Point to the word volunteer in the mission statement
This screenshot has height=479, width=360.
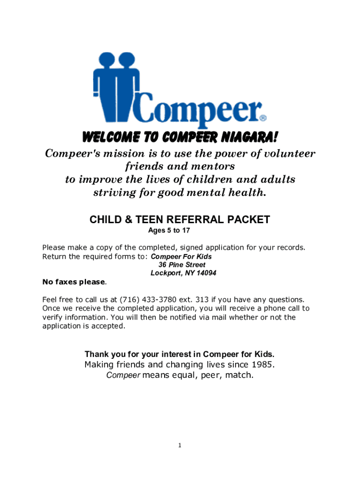coord(286,154)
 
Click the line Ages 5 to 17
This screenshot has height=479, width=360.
coord(169,231)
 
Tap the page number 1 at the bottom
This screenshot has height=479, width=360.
coord(180,445)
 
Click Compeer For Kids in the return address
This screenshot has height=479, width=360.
coord(181,256)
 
